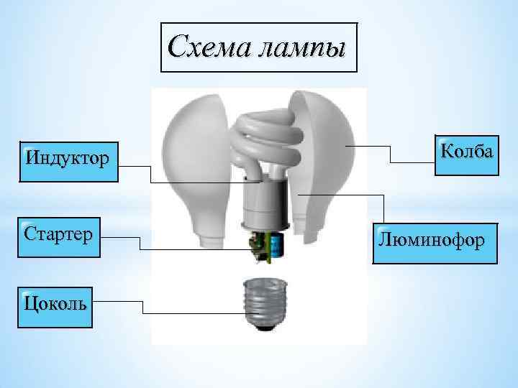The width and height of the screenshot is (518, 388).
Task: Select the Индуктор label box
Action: coord(69,160)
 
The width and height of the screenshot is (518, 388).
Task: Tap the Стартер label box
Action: coord(58,236)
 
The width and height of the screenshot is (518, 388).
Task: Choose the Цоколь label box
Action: coord(55,305)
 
